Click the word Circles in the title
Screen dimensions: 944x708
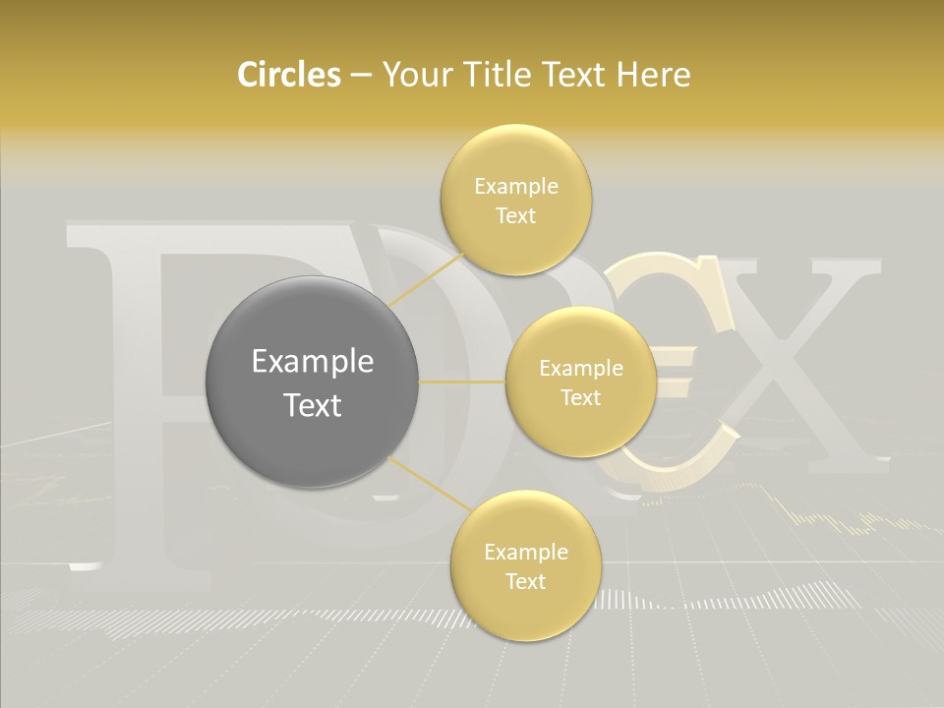(x=288, y=75)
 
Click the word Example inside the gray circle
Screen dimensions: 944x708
(x=313, y=362)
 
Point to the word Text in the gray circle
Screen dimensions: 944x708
(x=313, y=405)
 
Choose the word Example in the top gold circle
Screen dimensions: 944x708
(x=516, y=187)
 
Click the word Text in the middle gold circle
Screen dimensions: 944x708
(x=580, y=398)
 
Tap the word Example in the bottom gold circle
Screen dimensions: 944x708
(x=525, y=553)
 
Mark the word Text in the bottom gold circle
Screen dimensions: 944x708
(x=525, y=582)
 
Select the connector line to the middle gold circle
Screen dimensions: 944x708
(x=462, y=382)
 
